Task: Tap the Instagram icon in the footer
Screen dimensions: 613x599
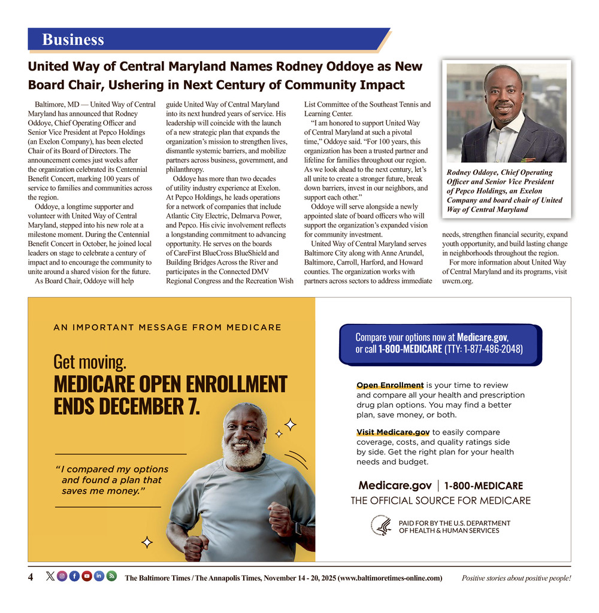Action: tap(62, 576)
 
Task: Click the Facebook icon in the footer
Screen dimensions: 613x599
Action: tap(74, 576)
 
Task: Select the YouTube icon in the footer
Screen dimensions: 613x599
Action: tap(87, 576)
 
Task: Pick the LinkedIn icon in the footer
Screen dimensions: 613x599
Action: tap(99, 576)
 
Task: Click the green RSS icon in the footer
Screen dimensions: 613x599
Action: tap(111, 576)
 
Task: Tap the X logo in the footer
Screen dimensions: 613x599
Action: tap(50, 576)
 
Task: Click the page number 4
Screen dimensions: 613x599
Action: tap(31, 577)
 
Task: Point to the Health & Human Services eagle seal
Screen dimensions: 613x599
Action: tap(381, 526)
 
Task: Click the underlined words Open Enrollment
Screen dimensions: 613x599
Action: tap(390, 385)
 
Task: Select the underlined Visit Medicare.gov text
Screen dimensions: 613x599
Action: tap(393, 432)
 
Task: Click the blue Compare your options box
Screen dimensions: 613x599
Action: tap(439, 344)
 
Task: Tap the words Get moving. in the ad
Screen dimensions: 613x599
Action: tap(90, 362)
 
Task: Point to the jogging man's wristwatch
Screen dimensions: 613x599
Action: tap(298, 529)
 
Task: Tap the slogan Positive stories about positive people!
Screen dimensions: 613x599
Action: tap(516, 578)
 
